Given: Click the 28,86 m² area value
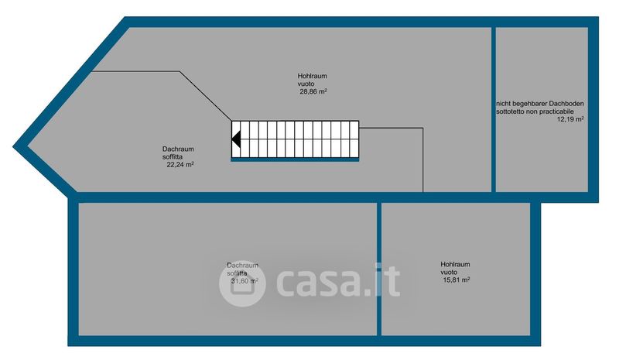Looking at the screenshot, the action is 313,91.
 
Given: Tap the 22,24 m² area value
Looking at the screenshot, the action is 180,164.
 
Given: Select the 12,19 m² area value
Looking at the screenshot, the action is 570,119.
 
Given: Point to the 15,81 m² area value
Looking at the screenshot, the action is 457,279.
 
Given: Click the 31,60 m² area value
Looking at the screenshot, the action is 245,280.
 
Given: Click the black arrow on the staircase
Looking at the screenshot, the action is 236,139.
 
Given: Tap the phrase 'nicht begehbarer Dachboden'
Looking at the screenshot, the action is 539,104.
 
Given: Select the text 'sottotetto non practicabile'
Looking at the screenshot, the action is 535,111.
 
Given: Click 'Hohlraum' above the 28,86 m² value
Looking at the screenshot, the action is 313,76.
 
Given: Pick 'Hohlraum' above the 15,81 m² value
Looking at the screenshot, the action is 455,264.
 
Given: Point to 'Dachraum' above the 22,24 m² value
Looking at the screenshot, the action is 178,149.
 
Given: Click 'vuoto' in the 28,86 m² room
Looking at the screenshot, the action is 306,84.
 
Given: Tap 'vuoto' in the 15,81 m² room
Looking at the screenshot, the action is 449,273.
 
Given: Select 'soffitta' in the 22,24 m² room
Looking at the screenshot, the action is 173,157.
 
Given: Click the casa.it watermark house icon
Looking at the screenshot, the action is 242,283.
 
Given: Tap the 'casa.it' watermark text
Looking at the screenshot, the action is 338,281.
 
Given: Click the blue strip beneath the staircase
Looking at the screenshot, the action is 295,159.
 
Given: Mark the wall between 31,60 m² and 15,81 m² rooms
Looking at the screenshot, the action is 379,269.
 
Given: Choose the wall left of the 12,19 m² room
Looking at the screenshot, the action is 494,109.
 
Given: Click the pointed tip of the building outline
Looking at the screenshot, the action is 13,147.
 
